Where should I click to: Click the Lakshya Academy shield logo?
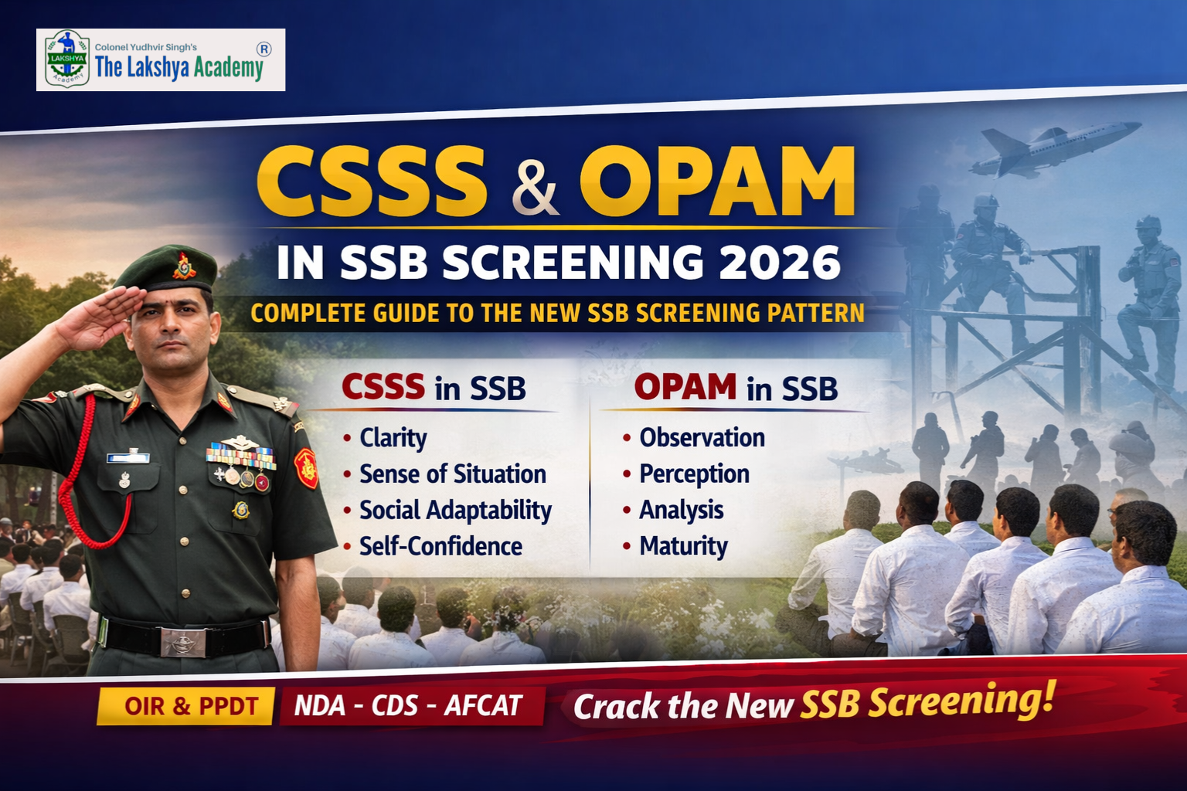coord(67,59)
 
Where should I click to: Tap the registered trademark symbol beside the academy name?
coord(264,49)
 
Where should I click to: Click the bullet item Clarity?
coord(393,438)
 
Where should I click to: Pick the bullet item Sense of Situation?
coord(452,474)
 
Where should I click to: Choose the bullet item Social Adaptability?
coord(455,511)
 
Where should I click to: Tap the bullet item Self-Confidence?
coord(440,547)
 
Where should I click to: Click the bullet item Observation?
coord(702,438)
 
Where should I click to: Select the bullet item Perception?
coord(694,474)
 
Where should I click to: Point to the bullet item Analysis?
coord(681,511)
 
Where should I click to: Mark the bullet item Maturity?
coord(683,547)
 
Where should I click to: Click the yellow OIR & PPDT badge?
coord(185,706)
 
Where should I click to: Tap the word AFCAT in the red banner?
coord(483,706)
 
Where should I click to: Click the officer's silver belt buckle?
coord(183,641)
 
